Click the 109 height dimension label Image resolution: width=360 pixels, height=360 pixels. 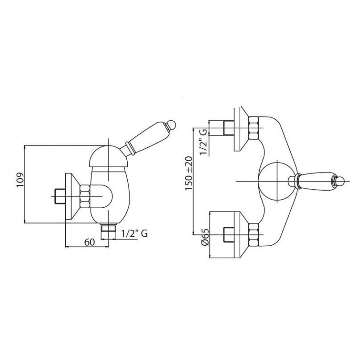(x=20, y=180)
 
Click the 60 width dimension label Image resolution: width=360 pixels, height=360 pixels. (x=89, y=242)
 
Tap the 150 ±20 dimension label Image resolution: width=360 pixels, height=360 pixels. (x=189, y=173)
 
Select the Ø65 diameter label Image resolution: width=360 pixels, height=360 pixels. (x=205, y=237)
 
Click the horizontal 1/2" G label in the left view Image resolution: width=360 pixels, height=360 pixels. (x=134, y=234)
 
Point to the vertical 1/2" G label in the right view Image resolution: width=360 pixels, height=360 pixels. (x=203, y=142)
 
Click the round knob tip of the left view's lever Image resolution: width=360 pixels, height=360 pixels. (x=171, y=124)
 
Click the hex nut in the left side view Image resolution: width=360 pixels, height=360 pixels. (x=84, y=196)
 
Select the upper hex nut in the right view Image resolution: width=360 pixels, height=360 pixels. (x=253, y=128)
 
